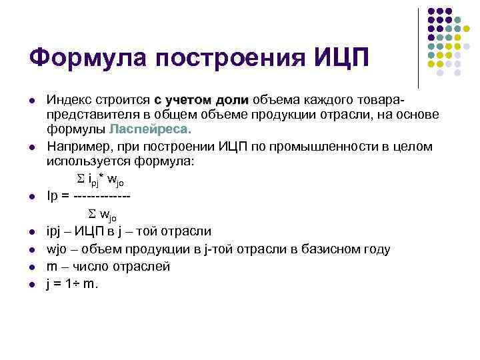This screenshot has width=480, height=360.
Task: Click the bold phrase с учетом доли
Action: coord(201,100)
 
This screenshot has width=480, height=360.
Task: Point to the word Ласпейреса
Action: coord(150,129)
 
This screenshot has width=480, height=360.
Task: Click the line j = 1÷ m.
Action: coord(72,284)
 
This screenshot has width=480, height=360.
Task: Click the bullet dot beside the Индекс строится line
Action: coord(31,101)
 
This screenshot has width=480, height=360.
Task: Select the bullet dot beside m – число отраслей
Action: coord(31,267)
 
